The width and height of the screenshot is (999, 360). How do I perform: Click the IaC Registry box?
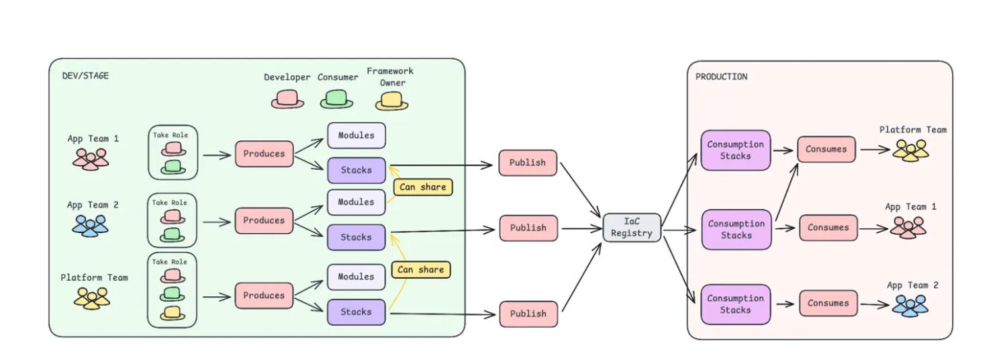[631, 228]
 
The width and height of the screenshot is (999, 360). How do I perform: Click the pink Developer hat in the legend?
[287, 99]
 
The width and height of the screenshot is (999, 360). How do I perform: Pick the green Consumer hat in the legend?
[336, 99]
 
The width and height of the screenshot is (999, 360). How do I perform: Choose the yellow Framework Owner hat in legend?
[391, 101]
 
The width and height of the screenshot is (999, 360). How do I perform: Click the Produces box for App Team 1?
[264, 154]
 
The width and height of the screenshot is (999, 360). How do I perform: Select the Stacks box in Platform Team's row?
[356, 312]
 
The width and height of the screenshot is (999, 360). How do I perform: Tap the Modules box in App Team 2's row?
[356, 202]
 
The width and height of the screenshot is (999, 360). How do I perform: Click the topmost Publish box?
[528, 163]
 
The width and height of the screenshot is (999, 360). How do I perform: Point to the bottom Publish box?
[528, 314]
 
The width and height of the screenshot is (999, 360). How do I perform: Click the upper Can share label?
[422, 187]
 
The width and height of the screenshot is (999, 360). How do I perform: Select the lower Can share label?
[421, 270]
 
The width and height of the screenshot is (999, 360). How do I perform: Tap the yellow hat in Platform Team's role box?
[173, 313]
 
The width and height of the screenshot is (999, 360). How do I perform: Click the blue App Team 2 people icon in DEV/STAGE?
[90, 224]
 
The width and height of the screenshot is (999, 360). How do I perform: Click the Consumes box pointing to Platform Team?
[826, 149]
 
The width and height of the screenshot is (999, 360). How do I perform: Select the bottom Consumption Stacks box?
[736, 304]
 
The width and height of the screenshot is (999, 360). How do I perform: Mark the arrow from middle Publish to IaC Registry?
[581, 228]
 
